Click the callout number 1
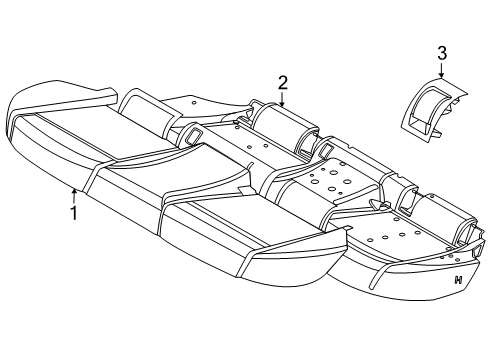point(72,213)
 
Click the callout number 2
point(283,82)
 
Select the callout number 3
point(442,53)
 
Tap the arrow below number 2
point(283,99)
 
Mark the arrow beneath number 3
point(442,70)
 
